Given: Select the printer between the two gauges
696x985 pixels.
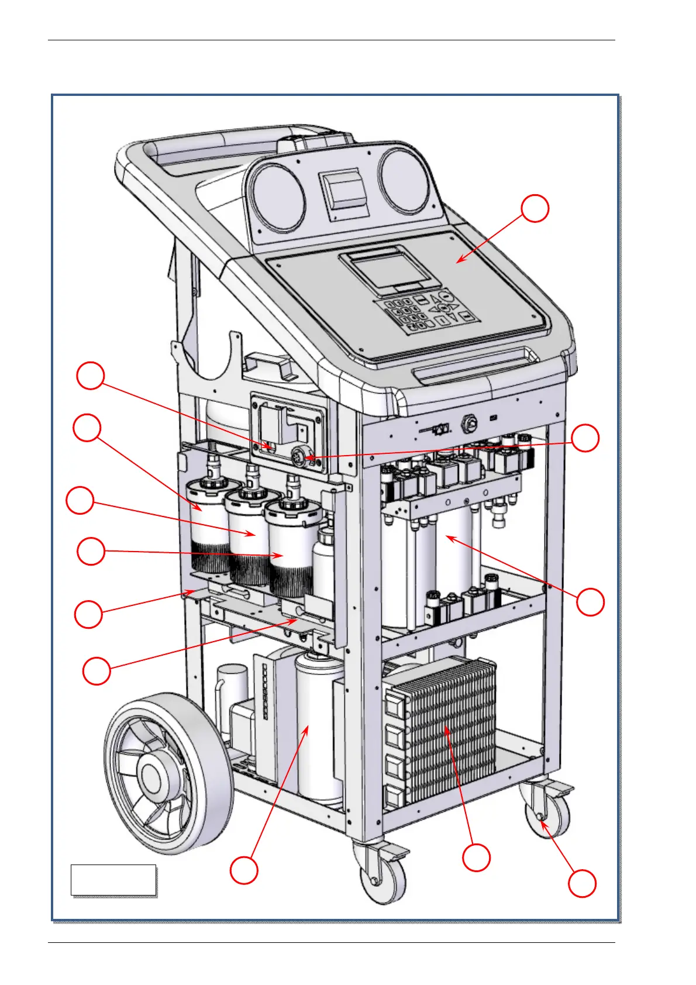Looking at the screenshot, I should [x=342, y=190].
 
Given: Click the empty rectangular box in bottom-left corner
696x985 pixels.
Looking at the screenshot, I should [x=113, y=879].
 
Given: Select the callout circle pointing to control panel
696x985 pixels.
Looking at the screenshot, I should [x=535, y=208].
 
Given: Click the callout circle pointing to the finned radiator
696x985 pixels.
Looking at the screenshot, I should [x=476, y=857].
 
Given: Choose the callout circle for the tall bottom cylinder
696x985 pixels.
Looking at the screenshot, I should [x=244, y=870].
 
